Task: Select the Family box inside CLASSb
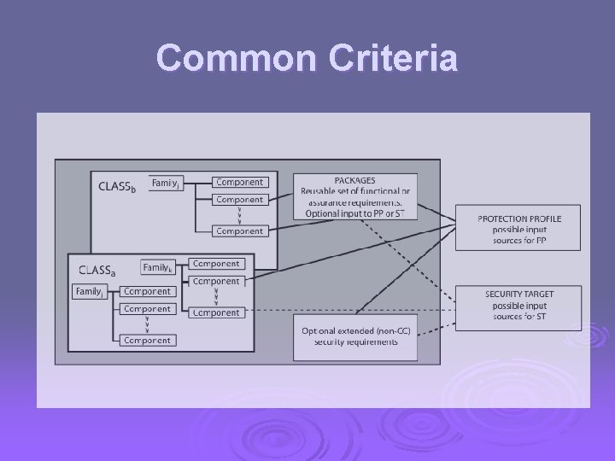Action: [166, 183]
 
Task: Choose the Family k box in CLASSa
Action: [157, 267]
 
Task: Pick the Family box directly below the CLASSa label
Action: [91, 292]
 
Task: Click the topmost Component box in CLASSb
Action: [239, 182]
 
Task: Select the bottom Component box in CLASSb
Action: [239, 230]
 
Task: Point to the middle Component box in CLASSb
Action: [239, 199]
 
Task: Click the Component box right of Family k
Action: [215, 264]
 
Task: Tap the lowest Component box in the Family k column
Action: [215, 312]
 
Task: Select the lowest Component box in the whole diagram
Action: [146, 340]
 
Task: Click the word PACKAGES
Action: [354, 181]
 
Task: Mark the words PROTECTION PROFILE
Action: [519, 219]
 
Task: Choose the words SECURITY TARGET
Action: [519, 295]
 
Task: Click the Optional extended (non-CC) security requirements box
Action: [355, 336]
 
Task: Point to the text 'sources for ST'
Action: [519, 317]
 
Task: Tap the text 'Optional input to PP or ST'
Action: [355, 213]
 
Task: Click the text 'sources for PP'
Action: [519, 242]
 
